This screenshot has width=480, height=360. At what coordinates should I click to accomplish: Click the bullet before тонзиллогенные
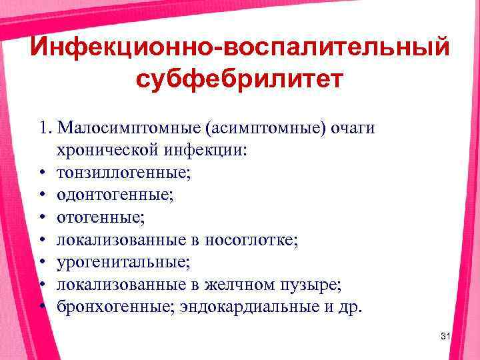(x=42, y=173)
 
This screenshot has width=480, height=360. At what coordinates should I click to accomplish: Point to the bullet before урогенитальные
(x=42, y=262)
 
